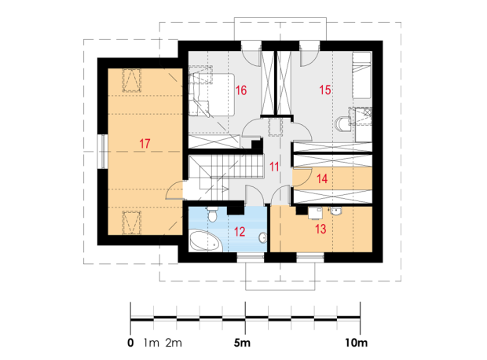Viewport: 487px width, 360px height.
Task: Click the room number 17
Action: [x=145, y=144]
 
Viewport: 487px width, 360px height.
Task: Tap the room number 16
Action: [x=241, y=90]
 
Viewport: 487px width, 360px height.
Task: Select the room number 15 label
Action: [x=325, y=90]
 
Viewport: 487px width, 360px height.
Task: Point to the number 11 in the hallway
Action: [x=274, y=167]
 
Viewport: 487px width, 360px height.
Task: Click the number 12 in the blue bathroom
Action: [x=240, y=232]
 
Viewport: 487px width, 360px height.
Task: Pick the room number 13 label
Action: [x=320, y=229]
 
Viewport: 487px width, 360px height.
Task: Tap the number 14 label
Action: [x=322, y=178]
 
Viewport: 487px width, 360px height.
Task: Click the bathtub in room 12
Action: [x=206, y=241]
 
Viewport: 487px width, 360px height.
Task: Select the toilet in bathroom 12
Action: [x=212, y=214]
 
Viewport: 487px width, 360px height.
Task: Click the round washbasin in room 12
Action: [x=263, y=237]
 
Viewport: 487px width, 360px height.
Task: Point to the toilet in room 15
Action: [x=342, y=124]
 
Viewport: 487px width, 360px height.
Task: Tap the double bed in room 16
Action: [x=212, y=94]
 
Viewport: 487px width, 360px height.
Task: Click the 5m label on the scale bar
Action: [x=242, y=343]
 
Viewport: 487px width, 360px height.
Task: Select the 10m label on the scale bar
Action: [x=356, y=343]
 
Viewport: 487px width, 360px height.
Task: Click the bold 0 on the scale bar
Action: [x=130, y=343]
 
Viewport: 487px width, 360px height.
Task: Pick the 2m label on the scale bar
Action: [x=174, y=343]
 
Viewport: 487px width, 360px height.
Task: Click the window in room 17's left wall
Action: [x=102, y=152]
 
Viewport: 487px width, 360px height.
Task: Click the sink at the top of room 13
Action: [x=335, y=211]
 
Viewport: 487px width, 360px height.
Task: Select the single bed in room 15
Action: [x=362, y=75]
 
